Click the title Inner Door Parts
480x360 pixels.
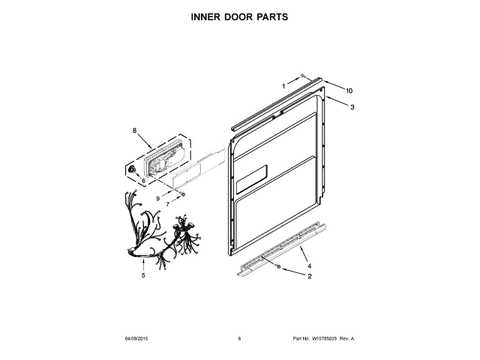[x=240, y=16]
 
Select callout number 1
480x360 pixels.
[x=284, y=85]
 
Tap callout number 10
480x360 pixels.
[x=349, y=91]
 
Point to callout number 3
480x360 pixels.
[x=352, y=107]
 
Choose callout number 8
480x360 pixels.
[x=135, y=131]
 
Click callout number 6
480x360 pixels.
[x=144, y=181]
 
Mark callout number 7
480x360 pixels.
[x=168, y=205]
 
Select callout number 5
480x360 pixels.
[x=142, y=275]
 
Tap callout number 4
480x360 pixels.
[x=310, y=265]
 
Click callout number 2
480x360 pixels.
[x=309, y=276]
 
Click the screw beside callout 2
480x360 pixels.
[x=279, y=266]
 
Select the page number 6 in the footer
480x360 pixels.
[x=239, y=338]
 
